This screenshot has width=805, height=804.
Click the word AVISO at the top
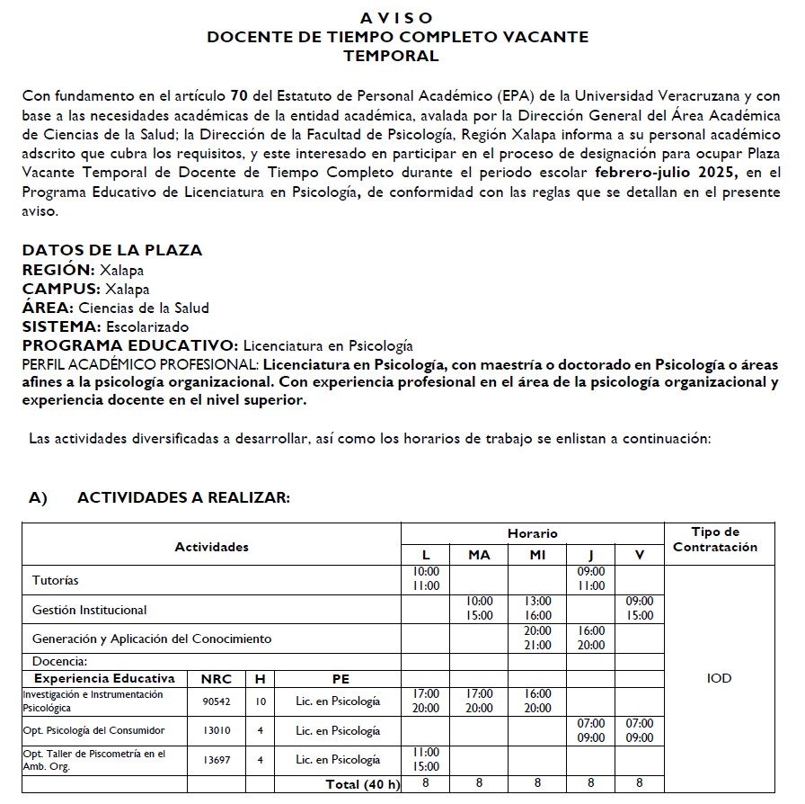pos(396,18)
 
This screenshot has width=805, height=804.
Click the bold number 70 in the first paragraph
pos(239,95)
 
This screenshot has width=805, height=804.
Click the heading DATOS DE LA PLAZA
pos(112,250)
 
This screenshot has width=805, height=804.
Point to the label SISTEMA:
pos(62,326)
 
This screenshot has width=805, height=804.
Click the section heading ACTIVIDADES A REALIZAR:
pos(183,497)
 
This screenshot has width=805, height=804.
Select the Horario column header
pos(532,533)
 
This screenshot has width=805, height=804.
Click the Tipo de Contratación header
pos(715,540)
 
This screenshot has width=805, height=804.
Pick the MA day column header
pos(479,555)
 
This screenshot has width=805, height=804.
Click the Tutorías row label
pos(56,580)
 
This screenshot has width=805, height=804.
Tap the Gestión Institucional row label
pos(89,610)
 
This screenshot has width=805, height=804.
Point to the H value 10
pos(260,701)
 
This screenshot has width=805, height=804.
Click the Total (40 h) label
pos(363,784)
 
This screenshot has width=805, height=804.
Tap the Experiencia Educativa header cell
pos(104,678)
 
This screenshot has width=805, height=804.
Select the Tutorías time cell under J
pos(590,579)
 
